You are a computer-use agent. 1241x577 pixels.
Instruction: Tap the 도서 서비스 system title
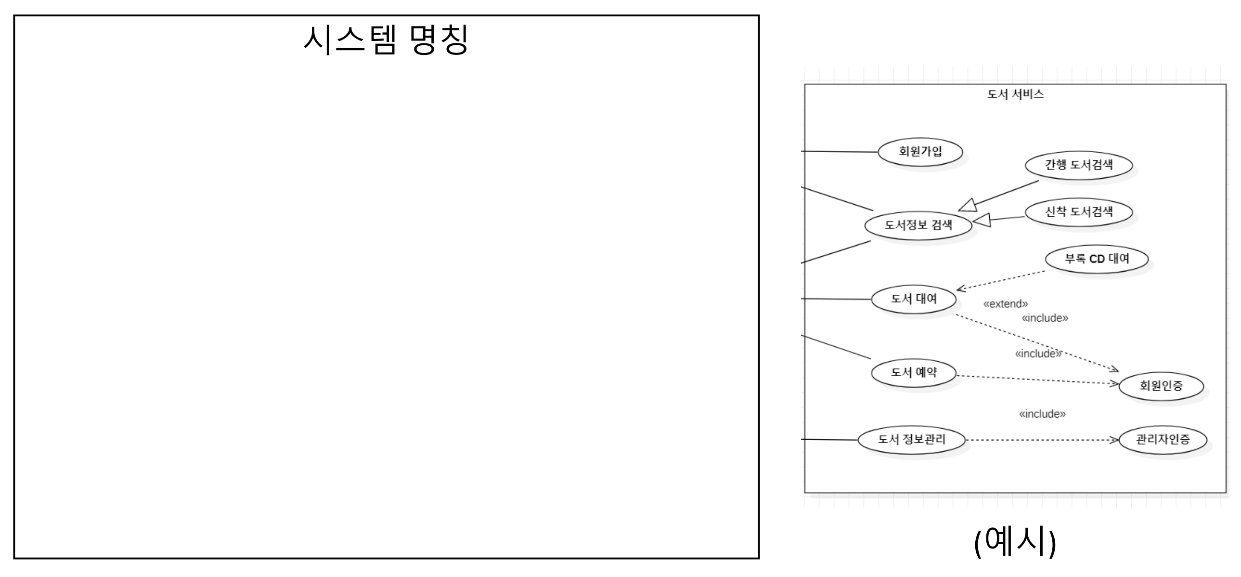(x=1015, y=94)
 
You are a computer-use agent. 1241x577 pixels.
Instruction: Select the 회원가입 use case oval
(x=920, y=152)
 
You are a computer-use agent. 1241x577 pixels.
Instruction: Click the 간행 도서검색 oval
(x=1079, y=165)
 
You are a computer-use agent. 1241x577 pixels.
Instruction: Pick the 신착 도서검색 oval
(x=1079, y=211)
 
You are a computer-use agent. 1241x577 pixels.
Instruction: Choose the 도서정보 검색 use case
(x=918, y=225)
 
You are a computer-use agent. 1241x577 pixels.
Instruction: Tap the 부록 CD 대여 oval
(x=1097, y=259)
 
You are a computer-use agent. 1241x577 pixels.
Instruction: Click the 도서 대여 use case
(x=913, y=299)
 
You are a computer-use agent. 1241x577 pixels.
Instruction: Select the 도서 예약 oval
(x=913, y=373)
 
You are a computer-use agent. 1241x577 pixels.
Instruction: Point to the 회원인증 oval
(x=1161, y=386)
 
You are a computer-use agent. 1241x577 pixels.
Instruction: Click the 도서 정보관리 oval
(x=911, y=440)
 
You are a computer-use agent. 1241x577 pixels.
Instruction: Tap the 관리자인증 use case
(x=1163, y=440)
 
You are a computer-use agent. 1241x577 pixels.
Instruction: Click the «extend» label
(x=1006, y=304)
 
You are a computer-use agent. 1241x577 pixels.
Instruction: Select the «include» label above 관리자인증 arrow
(x=1042, y=414)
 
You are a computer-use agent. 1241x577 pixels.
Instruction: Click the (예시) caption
(x=1015, y=542)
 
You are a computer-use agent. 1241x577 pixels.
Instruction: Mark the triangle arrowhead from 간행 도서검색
(x=968, y=206)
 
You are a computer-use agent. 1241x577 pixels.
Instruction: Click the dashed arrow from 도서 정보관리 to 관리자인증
(x=1041, y=440)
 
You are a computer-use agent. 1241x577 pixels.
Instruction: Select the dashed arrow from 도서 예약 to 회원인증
(x=1036, y=380)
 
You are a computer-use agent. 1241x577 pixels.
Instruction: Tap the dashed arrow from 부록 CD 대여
(x=1002, y=280)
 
